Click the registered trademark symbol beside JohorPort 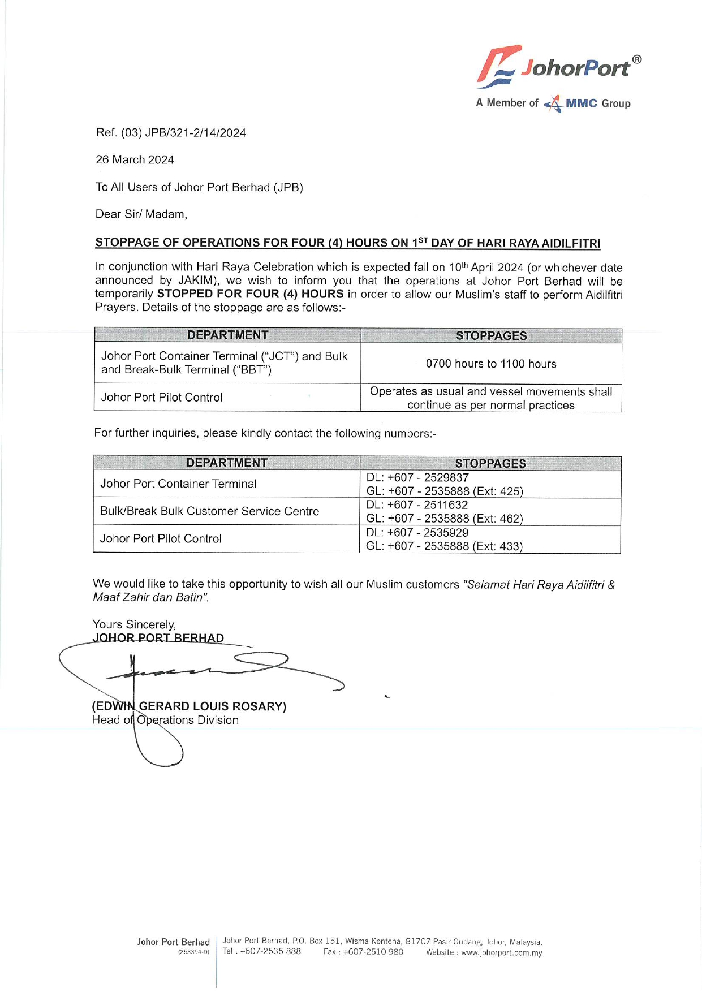(x=636, y=59)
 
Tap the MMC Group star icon (x=553, y=104)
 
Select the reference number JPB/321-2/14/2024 (x=195, y=133)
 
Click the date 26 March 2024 (x=135, y=160)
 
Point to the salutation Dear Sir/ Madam (x=141, y=214)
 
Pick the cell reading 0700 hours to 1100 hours (x=490, y=364)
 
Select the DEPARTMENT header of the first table (x=227, y=335)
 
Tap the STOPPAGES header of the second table (x=490, y=464)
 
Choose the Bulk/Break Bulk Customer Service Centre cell (x=209, y=511)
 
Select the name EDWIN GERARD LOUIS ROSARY (x=189, y=706)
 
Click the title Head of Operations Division (x=165, y=721)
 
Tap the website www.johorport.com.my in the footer (x=501, y=953)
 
